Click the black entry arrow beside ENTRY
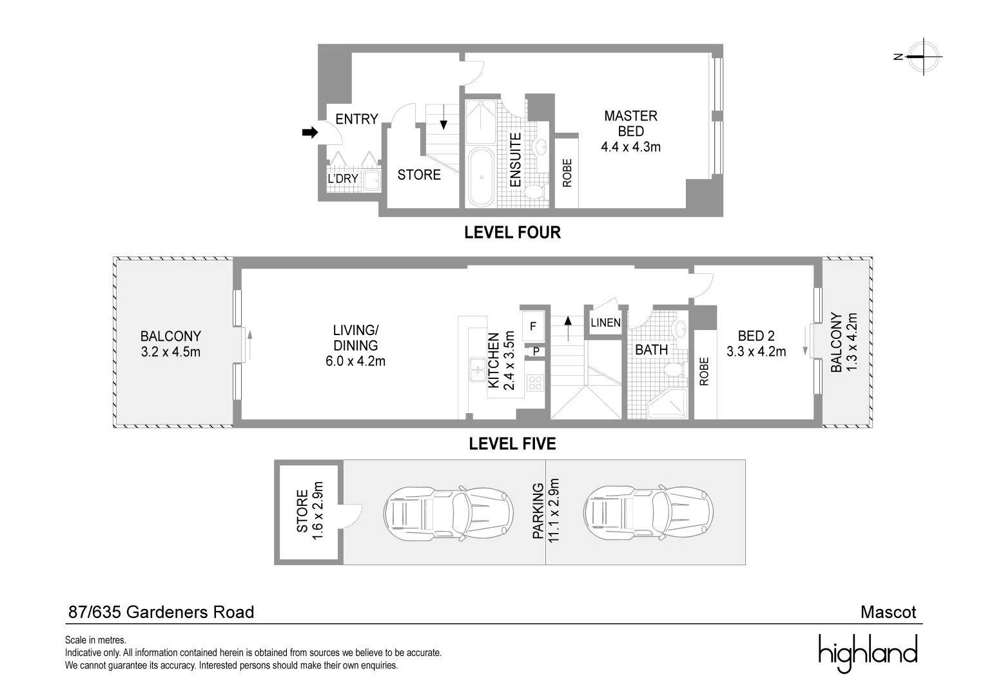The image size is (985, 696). [310, 132]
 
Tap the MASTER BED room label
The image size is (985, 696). [630, 124]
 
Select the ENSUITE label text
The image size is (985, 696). [515, 160]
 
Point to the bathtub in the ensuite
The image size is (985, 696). [482, 177]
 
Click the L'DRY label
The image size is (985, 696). [343, 179]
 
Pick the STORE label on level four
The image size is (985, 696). [418, 175]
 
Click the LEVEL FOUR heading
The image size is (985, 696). [512, 232]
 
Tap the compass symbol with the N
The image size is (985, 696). [923, 57]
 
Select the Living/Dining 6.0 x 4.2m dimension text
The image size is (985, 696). [355, 362]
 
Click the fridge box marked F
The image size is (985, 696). [533, 326]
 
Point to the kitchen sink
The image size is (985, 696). [478, 369]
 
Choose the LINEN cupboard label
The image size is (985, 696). [605, 323]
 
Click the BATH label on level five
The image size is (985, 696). [651, 350]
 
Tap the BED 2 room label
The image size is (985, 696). [756, 336]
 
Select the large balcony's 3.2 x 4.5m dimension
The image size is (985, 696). [171, 352]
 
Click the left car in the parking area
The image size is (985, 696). [449, 513]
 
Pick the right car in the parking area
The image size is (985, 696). [648, 513]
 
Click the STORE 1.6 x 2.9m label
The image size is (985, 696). [309, 511]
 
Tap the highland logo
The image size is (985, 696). [868, 653]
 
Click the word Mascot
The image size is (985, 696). [888, 612]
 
